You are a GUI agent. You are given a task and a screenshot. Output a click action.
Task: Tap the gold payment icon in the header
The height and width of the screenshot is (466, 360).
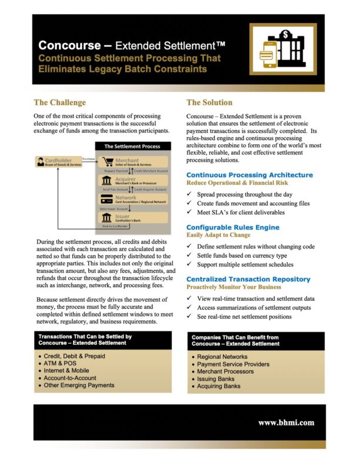(282, 50)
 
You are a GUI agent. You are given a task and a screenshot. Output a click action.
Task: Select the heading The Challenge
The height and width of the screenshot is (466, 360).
(59, 102)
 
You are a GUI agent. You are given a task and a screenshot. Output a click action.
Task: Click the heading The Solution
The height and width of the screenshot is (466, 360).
(209, 102)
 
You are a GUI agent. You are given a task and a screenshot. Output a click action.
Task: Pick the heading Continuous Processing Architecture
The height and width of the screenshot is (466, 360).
(249, 175)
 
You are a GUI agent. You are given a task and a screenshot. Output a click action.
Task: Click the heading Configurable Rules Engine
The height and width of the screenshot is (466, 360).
(232, 227)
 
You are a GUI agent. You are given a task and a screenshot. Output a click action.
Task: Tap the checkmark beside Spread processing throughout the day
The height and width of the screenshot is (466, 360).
(189, 194)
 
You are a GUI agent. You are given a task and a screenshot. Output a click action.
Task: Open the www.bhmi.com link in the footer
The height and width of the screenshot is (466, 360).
(286, 422)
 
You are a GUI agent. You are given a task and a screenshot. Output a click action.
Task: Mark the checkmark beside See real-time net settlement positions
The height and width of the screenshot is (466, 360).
(189, 317)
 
